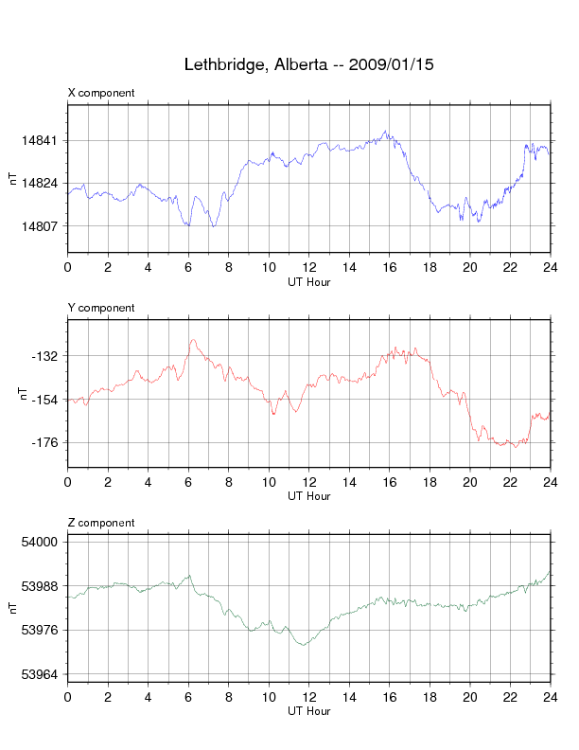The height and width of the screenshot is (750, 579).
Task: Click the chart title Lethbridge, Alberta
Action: (308, 65)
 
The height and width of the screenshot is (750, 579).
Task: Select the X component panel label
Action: (101, 93)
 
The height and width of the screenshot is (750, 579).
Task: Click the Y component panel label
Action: (101, 308)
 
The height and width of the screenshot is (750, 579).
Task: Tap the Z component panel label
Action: (101, 523)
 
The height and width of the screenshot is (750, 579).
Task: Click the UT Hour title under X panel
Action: (308, 281)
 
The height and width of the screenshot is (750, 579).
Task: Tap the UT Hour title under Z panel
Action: (308, 711)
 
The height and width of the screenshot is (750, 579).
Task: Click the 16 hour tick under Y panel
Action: (389, 482)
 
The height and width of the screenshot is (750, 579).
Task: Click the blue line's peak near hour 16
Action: (385, 132)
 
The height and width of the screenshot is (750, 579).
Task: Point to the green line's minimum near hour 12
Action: (304, 645)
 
